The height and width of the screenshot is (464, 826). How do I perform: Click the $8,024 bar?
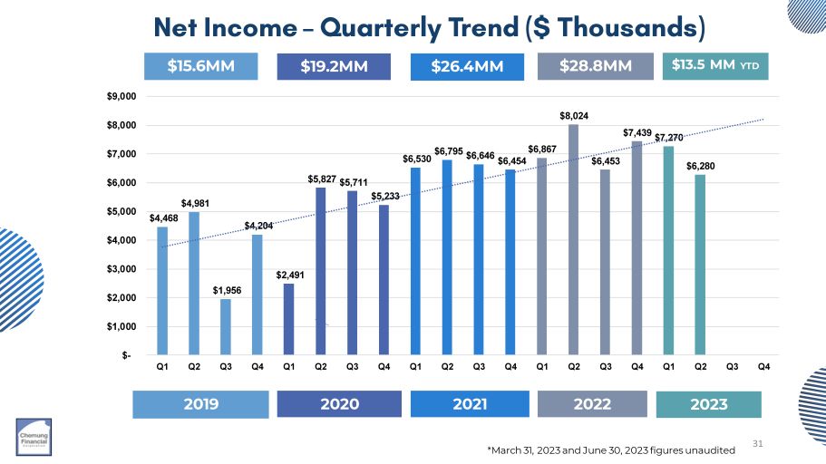pyautogui.click(x=573, y=240)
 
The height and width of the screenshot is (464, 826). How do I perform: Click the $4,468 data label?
pyautogui.click(x=161, y=217)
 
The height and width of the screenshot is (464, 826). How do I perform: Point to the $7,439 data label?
pyautogui.click(x=637, y=133)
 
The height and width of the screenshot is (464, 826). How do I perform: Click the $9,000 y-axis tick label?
pyautogui.click(x=121, y=96)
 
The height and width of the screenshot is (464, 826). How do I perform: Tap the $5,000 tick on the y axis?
pyautogui.click(x=121, y=211)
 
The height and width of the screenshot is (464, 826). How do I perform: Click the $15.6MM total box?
pyautogui.click(x=201, y=66)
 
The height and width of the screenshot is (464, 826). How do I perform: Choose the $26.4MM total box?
pyautogui.click(x=466, y=66)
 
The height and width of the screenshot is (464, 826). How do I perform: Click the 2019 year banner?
pyautogui.click(x=200, y=404)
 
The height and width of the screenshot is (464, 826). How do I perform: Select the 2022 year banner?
pyautogui.click(x=593, y=404)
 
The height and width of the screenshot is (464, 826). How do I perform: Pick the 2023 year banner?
pyautogui.click(x=708, y=404)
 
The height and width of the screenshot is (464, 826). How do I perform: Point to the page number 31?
pyautogui.click(x=760, y=442)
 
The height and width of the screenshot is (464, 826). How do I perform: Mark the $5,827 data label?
pyautogui.click(x=320, y=179)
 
